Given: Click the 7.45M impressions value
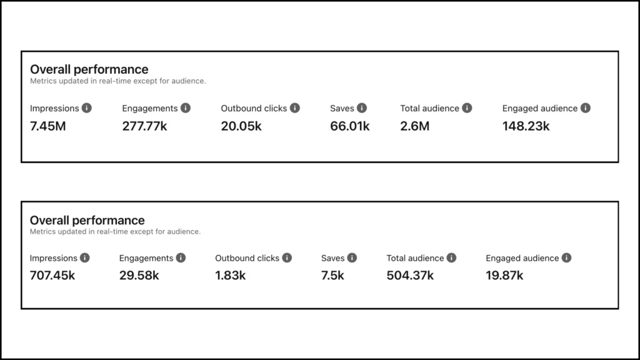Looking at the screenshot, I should click(x=47, y=126).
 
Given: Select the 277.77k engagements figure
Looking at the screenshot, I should click(x=144, y=126).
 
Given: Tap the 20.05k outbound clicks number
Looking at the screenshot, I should click(x=241, y=126).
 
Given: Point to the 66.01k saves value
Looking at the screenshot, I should click(x=350, y=126).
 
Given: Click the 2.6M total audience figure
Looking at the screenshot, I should click(x=415, y=126).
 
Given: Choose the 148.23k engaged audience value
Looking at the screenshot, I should click(x=526, y=126).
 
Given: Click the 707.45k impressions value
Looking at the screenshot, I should click(x=52, y=276).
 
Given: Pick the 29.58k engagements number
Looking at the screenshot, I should click(x=139, y=276).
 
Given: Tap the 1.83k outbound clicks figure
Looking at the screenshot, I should click(x=230, y=276).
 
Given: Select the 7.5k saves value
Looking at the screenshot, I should click(x=332, y=276).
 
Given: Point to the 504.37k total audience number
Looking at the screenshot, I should click(x=410, y=276).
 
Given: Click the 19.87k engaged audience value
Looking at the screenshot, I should click(x=504, y=276).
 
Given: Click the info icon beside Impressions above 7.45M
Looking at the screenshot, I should click(x=87, y=108).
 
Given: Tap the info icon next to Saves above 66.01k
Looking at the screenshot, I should click(x=362, y=108).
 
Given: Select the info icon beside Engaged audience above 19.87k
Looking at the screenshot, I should click(x=566, y=258).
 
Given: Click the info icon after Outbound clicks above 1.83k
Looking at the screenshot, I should click(x=287, y=258).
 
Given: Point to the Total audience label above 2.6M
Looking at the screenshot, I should click(x=429, y=108).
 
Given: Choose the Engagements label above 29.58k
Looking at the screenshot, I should click(x=146, y=258).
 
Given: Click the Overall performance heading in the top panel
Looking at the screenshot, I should click(x=89, y=69).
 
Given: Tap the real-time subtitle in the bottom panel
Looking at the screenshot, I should click(x=115, y=232).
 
